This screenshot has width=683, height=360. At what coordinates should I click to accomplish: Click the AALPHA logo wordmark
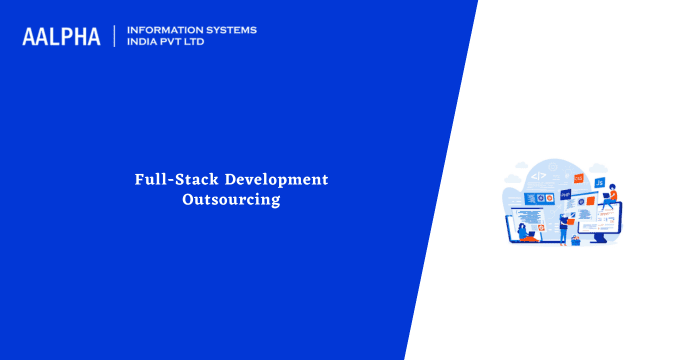click(61, 37)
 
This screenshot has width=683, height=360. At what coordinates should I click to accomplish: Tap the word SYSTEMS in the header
click(231, 30)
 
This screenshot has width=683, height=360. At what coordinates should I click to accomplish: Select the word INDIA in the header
click(142, 43)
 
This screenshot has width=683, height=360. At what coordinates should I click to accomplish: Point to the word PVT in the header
click(176, 43)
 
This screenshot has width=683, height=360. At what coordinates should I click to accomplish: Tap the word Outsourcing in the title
click(231, 200)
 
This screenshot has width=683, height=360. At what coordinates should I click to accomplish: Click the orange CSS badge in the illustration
click(578, 178)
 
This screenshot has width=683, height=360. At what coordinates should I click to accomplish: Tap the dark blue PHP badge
click(565, 194)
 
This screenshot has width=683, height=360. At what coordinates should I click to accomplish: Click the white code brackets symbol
click(538, 176)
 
